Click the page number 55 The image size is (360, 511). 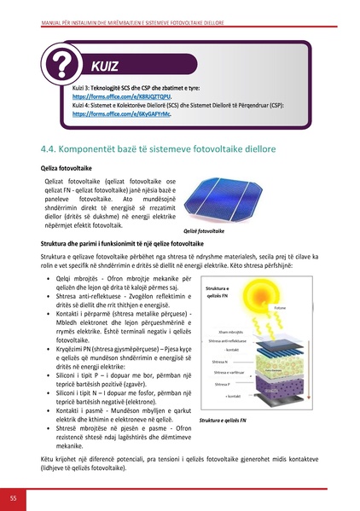(x=13, y=497)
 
